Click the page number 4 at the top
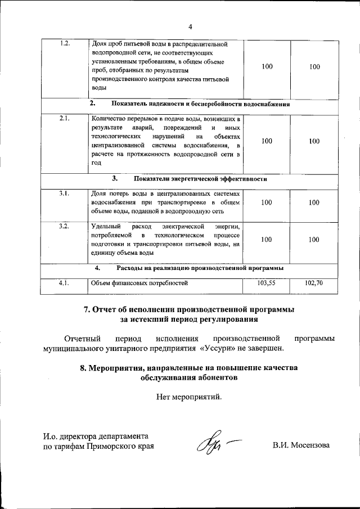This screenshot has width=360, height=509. click(x=190, y=27)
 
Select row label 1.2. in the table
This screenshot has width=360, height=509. click(x=64, y=44)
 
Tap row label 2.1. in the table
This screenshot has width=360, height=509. click(x=64, y=119)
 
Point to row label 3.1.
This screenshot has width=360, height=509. click(x=64, y=193)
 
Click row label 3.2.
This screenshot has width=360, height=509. click(x=64, y=226)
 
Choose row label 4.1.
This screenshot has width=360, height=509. click(x=64, y=283)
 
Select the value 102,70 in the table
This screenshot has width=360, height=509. click(x=314, y=283)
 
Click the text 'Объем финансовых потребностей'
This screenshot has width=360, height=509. click(x=138, y=283)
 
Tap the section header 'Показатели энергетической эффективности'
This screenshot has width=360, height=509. click(x=200, y=179)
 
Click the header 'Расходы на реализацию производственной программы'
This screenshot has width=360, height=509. click(x=200, y=268)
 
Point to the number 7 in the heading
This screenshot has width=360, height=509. click(x=86, y=309)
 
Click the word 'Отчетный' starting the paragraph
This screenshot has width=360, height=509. click(x=83, y=338)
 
